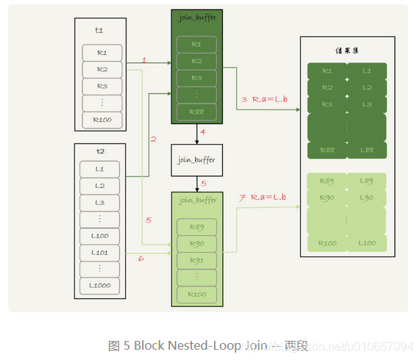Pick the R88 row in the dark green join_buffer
196,112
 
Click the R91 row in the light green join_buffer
196,260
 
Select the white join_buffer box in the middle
196,159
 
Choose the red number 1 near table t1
144,60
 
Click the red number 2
153,138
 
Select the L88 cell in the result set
366,150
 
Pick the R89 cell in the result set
326,181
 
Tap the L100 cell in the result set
366,242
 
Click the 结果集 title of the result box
346,52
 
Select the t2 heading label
100,151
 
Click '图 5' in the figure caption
119,345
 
